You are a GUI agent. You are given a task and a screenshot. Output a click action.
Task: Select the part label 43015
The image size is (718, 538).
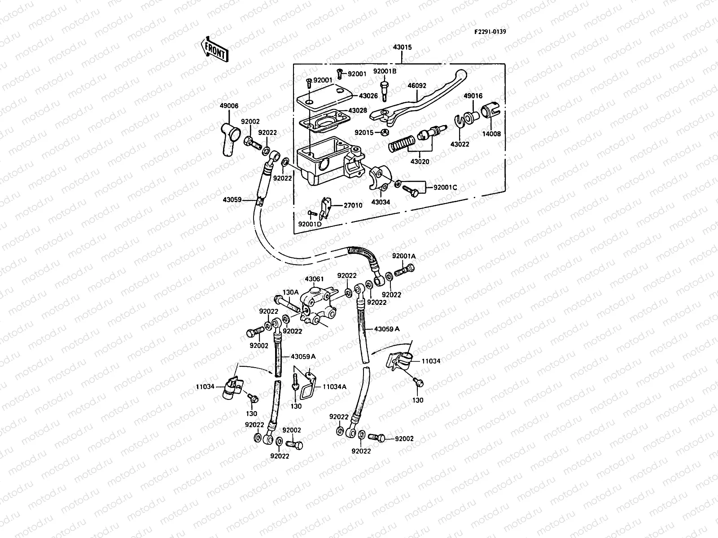point(402,48)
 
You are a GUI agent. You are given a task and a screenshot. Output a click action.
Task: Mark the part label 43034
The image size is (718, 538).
point(381,202)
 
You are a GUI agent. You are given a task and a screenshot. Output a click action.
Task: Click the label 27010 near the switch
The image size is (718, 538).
point(353,205)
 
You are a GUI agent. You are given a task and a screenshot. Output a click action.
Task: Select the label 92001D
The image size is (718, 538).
point(310,223)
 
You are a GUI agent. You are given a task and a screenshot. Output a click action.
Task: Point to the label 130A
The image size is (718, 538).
point(290,292)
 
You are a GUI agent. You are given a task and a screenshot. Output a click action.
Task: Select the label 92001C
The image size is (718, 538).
point(445,187)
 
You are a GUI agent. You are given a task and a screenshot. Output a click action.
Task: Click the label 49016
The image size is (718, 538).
point(473,96)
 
